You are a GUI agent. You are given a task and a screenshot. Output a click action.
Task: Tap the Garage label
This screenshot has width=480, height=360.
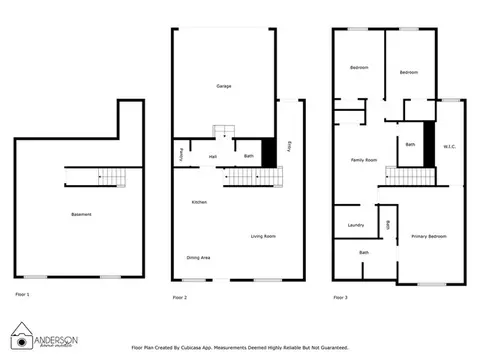tap(224, 87)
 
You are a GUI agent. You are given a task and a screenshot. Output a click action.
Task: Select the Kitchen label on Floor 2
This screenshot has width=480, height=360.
tap(199, 203)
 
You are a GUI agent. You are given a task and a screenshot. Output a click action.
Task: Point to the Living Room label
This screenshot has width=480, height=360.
tap(263, 236)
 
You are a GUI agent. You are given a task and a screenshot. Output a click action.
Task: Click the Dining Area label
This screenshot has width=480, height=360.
tap(198, 258)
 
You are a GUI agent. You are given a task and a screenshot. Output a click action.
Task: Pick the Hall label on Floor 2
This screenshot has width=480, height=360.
tap(213, 156)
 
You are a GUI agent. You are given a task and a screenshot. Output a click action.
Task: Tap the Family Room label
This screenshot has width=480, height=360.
tap(363, 160)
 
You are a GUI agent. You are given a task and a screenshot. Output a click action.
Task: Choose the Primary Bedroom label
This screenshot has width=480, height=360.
tap(428, 236)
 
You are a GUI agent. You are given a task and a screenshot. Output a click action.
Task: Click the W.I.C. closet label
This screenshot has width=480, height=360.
tap(449, 148)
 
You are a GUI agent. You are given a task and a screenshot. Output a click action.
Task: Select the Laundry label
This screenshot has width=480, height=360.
tap(356, 225)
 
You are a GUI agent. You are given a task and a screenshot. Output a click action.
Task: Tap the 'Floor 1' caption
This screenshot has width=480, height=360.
tap(22, 295)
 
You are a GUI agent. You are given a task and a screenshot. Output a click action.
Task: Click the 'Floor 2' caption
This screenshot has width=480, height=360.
tap(180, 298)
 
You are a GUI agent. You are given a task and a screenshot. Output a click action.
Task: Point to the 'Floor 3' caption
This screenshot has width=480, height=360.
tap(341, 298)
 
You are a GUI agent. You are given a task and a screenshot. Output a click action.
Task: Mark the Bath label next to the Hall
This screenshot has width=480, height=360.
tap(247, 156)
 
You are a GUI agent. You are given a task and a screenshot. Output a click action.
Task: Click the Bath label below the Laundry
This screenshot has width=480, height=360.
tap(364, 253)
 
